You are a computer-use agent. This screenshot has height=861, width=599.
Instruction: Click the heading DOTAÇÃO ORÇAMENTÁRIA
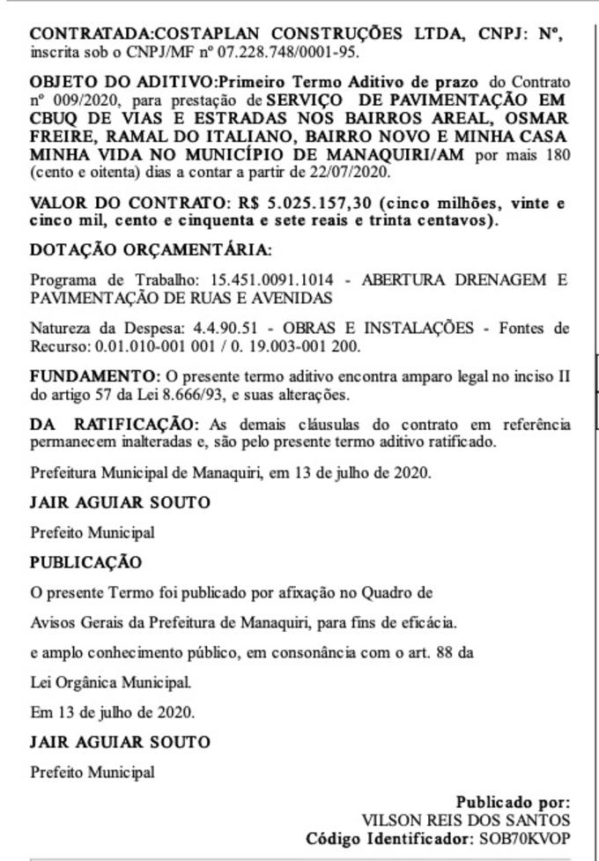click(151, 251)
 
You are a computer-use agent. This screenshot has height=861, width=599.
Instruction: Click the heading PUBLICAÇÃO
click(85, 562)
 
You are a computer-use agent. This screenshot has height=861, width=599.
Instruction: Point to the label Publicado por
click(513, 803)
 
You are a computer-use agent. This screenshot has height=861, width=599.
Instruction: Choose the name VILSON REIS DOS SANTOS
click(466, 820)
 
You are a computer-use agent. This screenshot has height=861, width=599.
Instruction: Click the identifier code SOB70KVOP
click(523, 838)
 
